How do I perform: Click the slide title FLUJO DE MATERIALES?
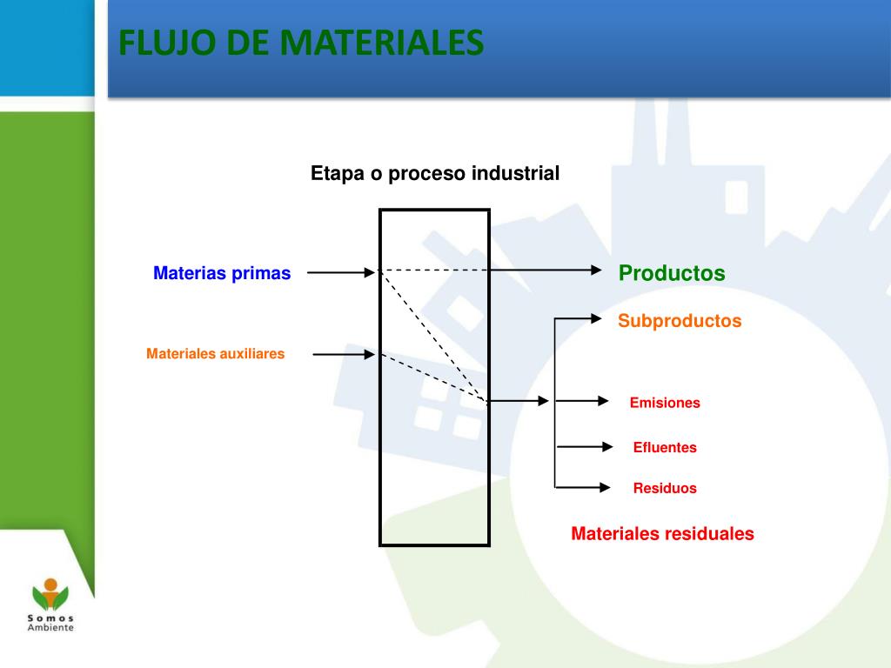click(301, 42)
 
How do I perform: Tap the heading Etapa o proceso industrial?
click(435, 174)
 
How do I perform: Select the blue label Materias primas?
click(222, 273)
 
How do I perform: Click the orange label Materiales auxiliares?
click(215, 354)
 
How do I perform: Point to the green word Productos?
click(672, 273)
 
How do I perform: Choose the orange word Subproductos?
click(680, 321)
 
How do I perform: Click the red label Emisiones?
click(665, 403)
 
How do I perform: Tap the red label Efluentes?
click(665, 448)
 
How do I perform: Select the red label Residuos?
click(665, 488)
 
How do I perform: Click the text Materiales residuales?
click(662, 534)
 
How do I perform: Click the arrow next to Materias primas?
click(341, 272)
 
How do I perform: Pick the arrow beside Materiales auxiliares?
click(344, 354)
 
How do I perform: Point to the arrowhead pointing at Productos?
click(596, 271)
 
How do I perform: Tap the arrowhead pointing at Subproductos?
click(596, 318)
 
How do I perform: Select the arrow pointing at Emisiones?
click(583, 401)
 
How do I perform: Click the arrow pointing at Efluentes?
click(585, 447)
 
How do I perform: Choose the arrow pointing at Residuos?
click(583, 487)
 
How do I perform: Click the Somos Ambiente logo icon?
click(50, 596)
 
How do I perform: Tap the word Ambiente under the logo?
click(50, 627)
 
